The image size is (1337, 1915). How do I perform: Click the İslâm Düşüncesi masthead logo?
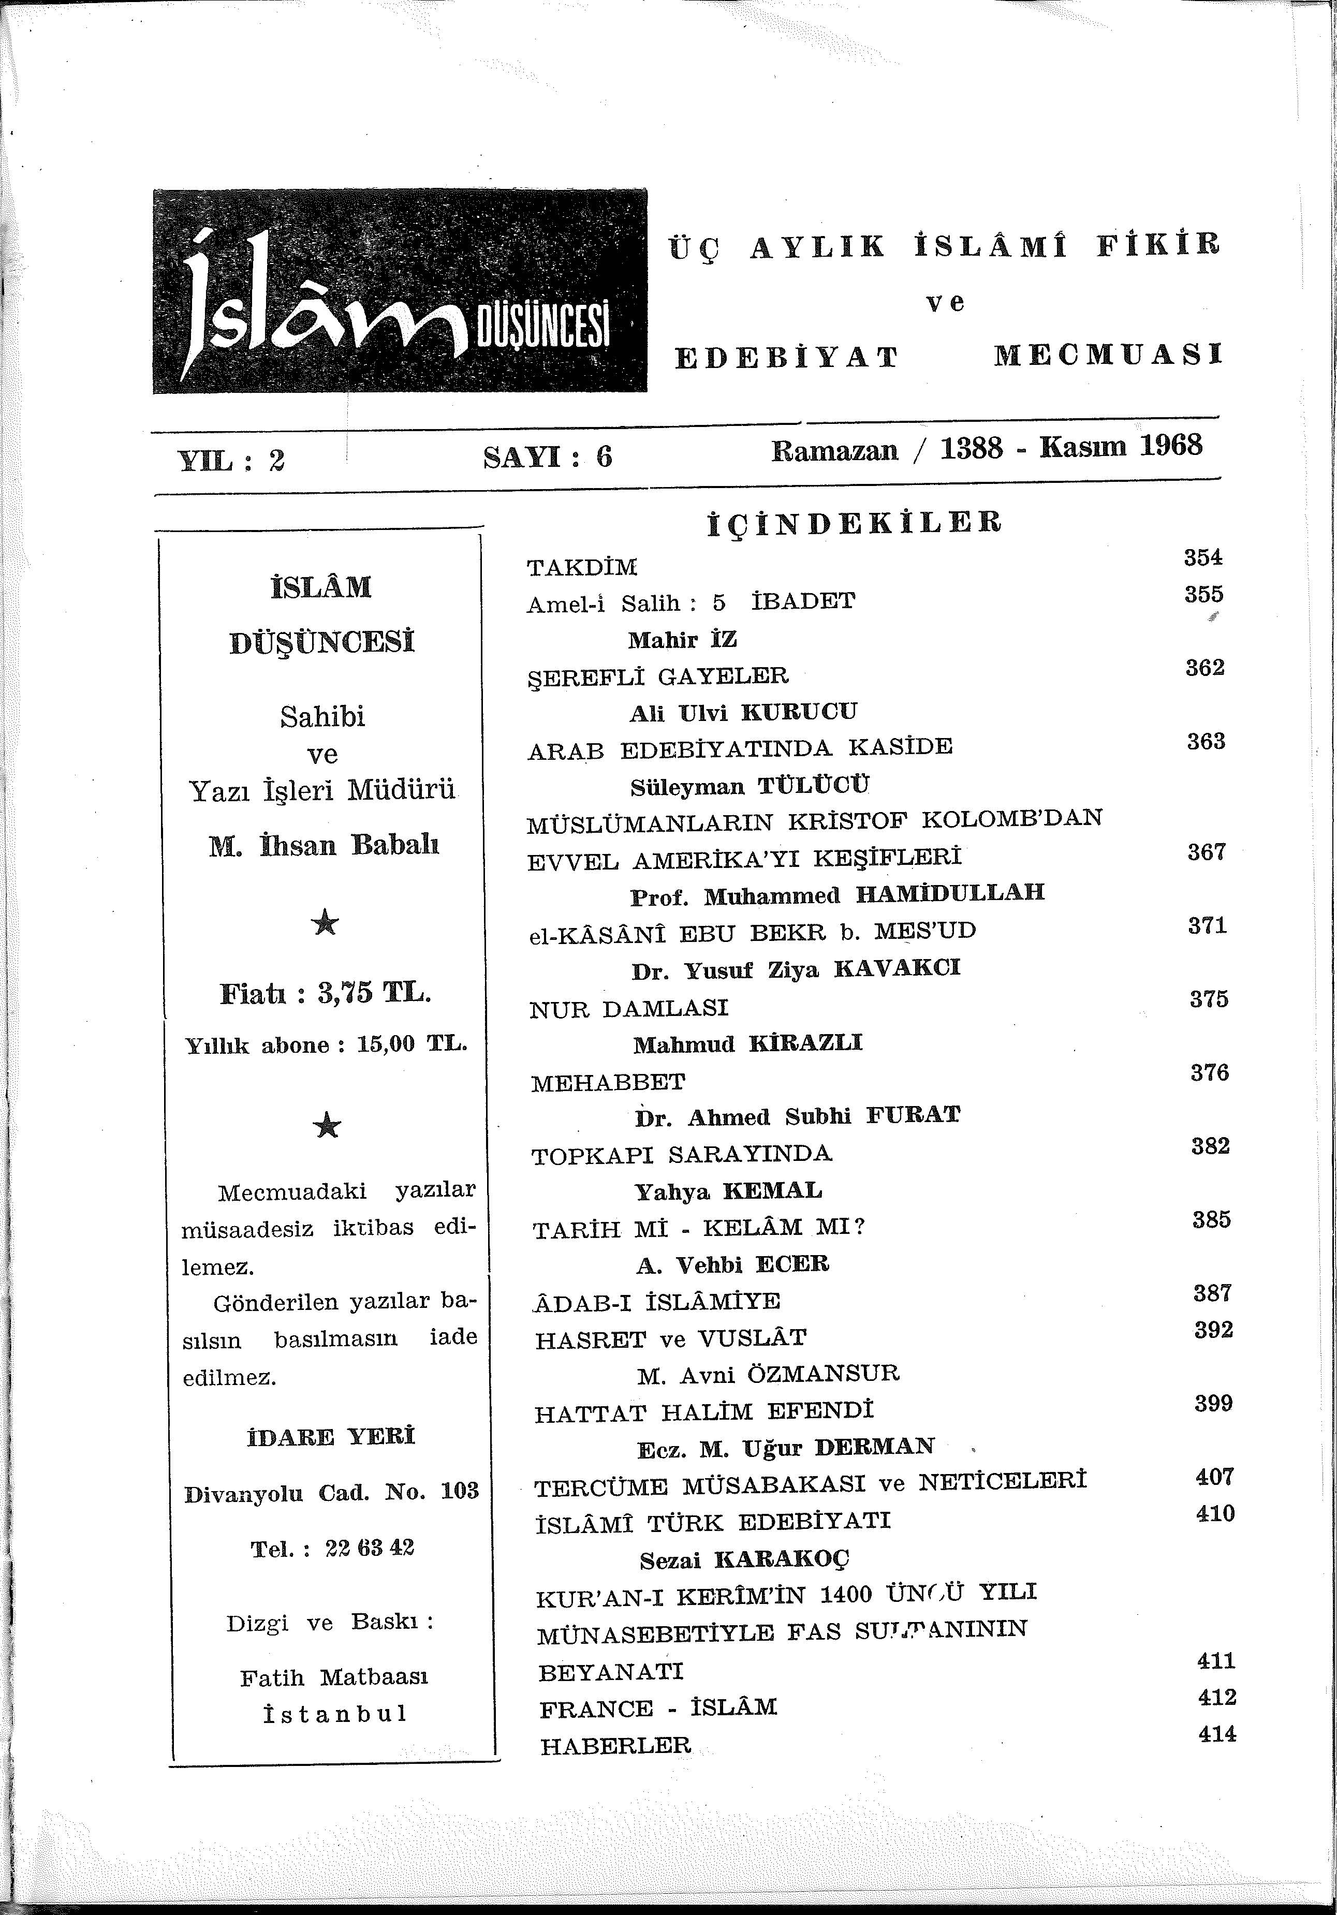[x=400, y=290]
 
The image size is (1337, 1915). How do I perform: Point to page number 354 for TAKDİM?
[x=1203, y=557]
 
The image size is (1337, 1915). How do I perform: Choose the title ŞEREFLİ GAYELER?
[x=658, y=675]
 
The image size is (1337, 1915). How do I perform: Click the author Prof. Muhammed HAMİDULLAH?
[x=836, y=895]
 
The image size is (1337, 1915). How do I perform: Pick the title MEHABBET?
[x=608, y=1083]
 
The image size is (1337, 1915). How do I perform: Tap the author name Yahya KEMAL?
[x=728, y=1191]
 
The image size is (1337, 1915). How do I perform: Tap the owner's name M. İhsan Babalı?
[x=324, y=846]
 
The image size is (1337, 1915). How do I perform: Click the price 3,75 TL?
[x=374, y=993]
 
